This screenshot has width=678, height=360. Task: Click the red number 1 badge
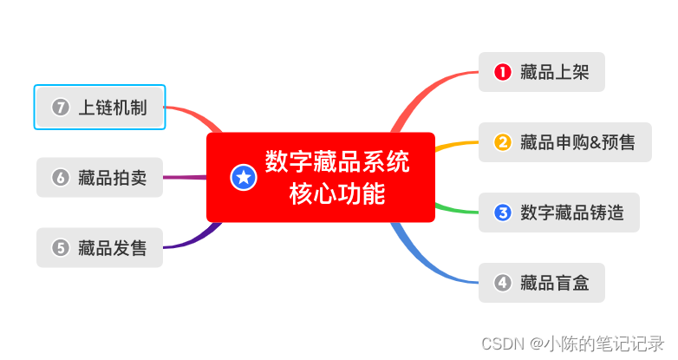point(502,72)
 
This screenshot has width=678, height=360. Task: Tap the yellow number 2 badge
point(502,141)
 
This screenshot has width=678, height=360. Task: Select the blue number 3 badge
point(502,212)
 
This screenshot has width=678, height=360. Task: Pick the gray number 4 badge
point(502,282)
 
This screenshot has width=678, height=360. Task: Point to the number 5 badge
point(60,247)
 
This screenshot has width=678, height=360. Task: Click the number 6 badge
point(60,178)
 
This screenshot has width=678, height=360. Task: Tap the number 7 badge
point(60,108)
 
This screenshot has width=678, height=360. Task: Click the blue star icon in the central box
point(244,178)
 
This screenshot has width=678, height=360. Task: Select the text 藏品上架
point(555,72)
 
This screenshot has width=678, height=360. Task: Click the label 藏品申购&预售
point(577,141)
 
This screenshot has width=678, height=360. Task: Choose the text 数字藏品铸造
point(572,212)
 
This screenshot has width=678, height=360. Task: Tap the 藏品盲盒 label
point(555,282)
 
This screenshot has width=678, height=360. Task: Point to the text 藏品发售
point(112,247)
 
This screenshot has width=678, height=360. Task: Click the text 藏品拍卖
point(112,178)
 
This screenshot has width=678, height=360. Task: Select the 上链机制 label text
point(113,108)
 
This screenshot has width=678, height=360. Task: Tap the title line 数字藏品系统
point(337,162)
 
